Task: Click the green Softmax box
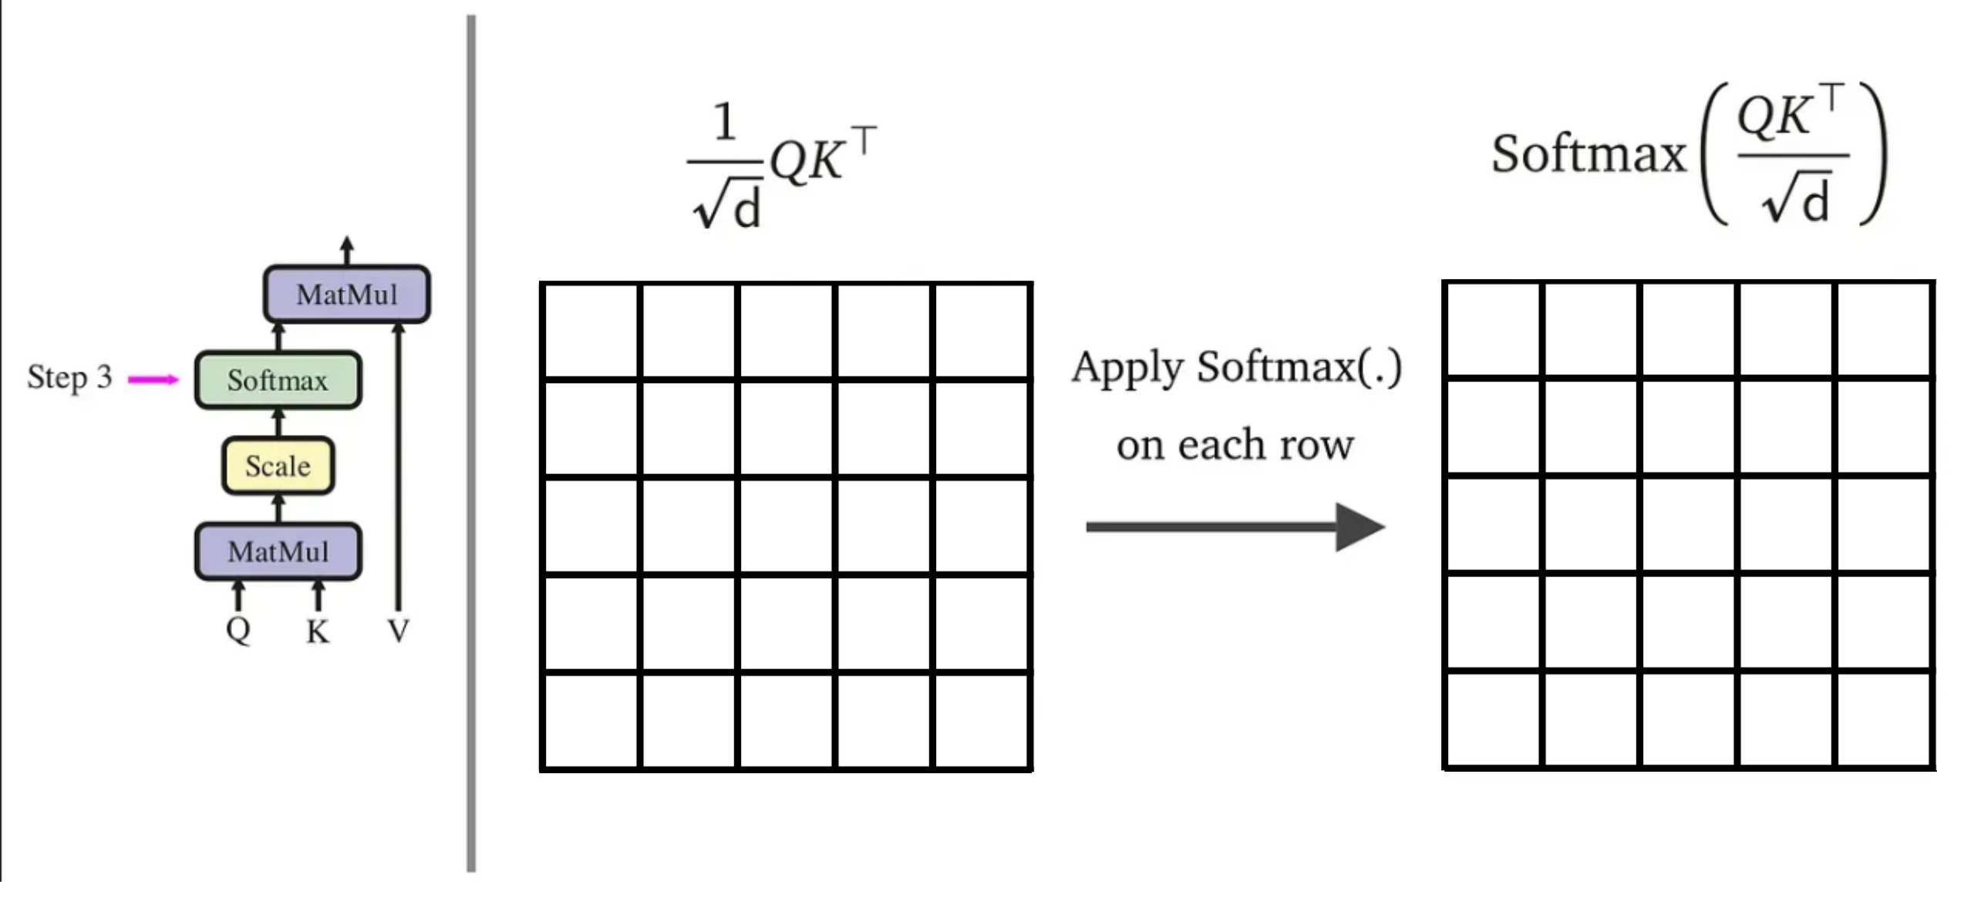coord(278,380)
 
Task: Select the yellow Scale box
coord(278,466)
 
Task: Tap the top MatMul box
coord(347,294)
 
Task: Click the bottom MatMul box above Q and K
coord(278,551)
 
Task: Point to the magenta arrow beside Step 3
coord(153,379)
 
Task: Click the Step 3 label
coord(69,377)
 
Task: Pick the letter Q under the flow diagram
coord(238,630)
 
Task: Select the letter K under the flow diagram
coord(317,632)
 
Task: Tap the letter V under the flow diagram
coord(398,631)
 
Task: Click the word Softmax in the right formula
coord(1588,153)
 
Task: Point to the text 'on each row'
coord(1235,445)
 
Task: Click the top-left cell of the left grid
coord(591,331)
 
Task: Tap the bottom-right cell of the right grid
coord(1885,719)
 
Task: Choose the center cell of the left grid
coord(787,526)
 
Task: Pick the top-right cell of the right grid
coord(1885,330)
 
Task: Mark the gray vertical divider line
coord(471,443)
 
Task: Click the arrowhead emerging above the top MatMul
coord(347,245)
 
